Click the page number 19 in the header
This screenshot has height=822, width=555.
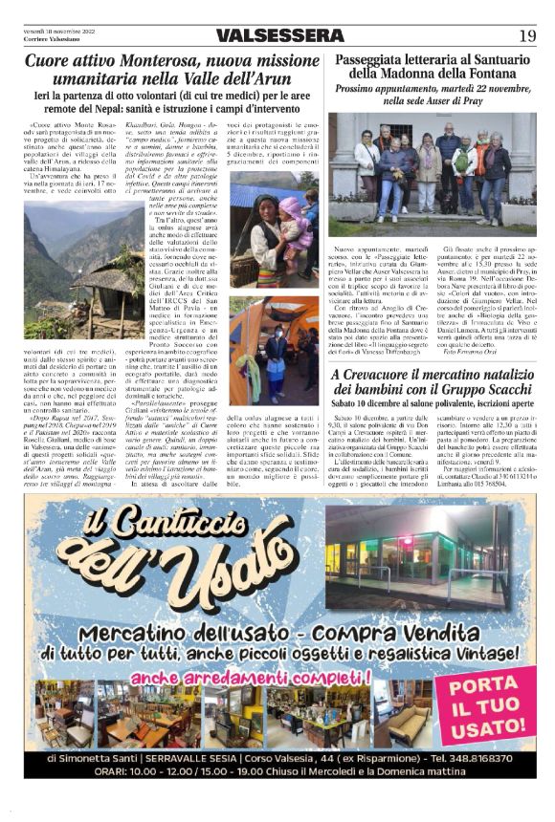click(527, 35)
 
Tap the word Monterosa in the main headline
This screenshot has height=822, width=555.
click(146, 62)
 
